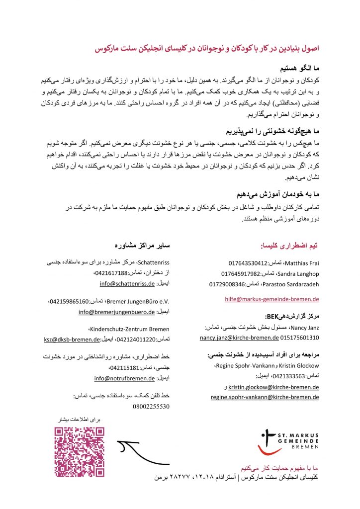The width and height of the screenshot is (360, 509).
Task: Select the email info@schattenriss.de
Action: click(128, 283)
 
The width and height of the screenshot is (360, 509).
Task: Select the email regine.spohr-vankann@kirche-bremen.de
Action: click(265, 397)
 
